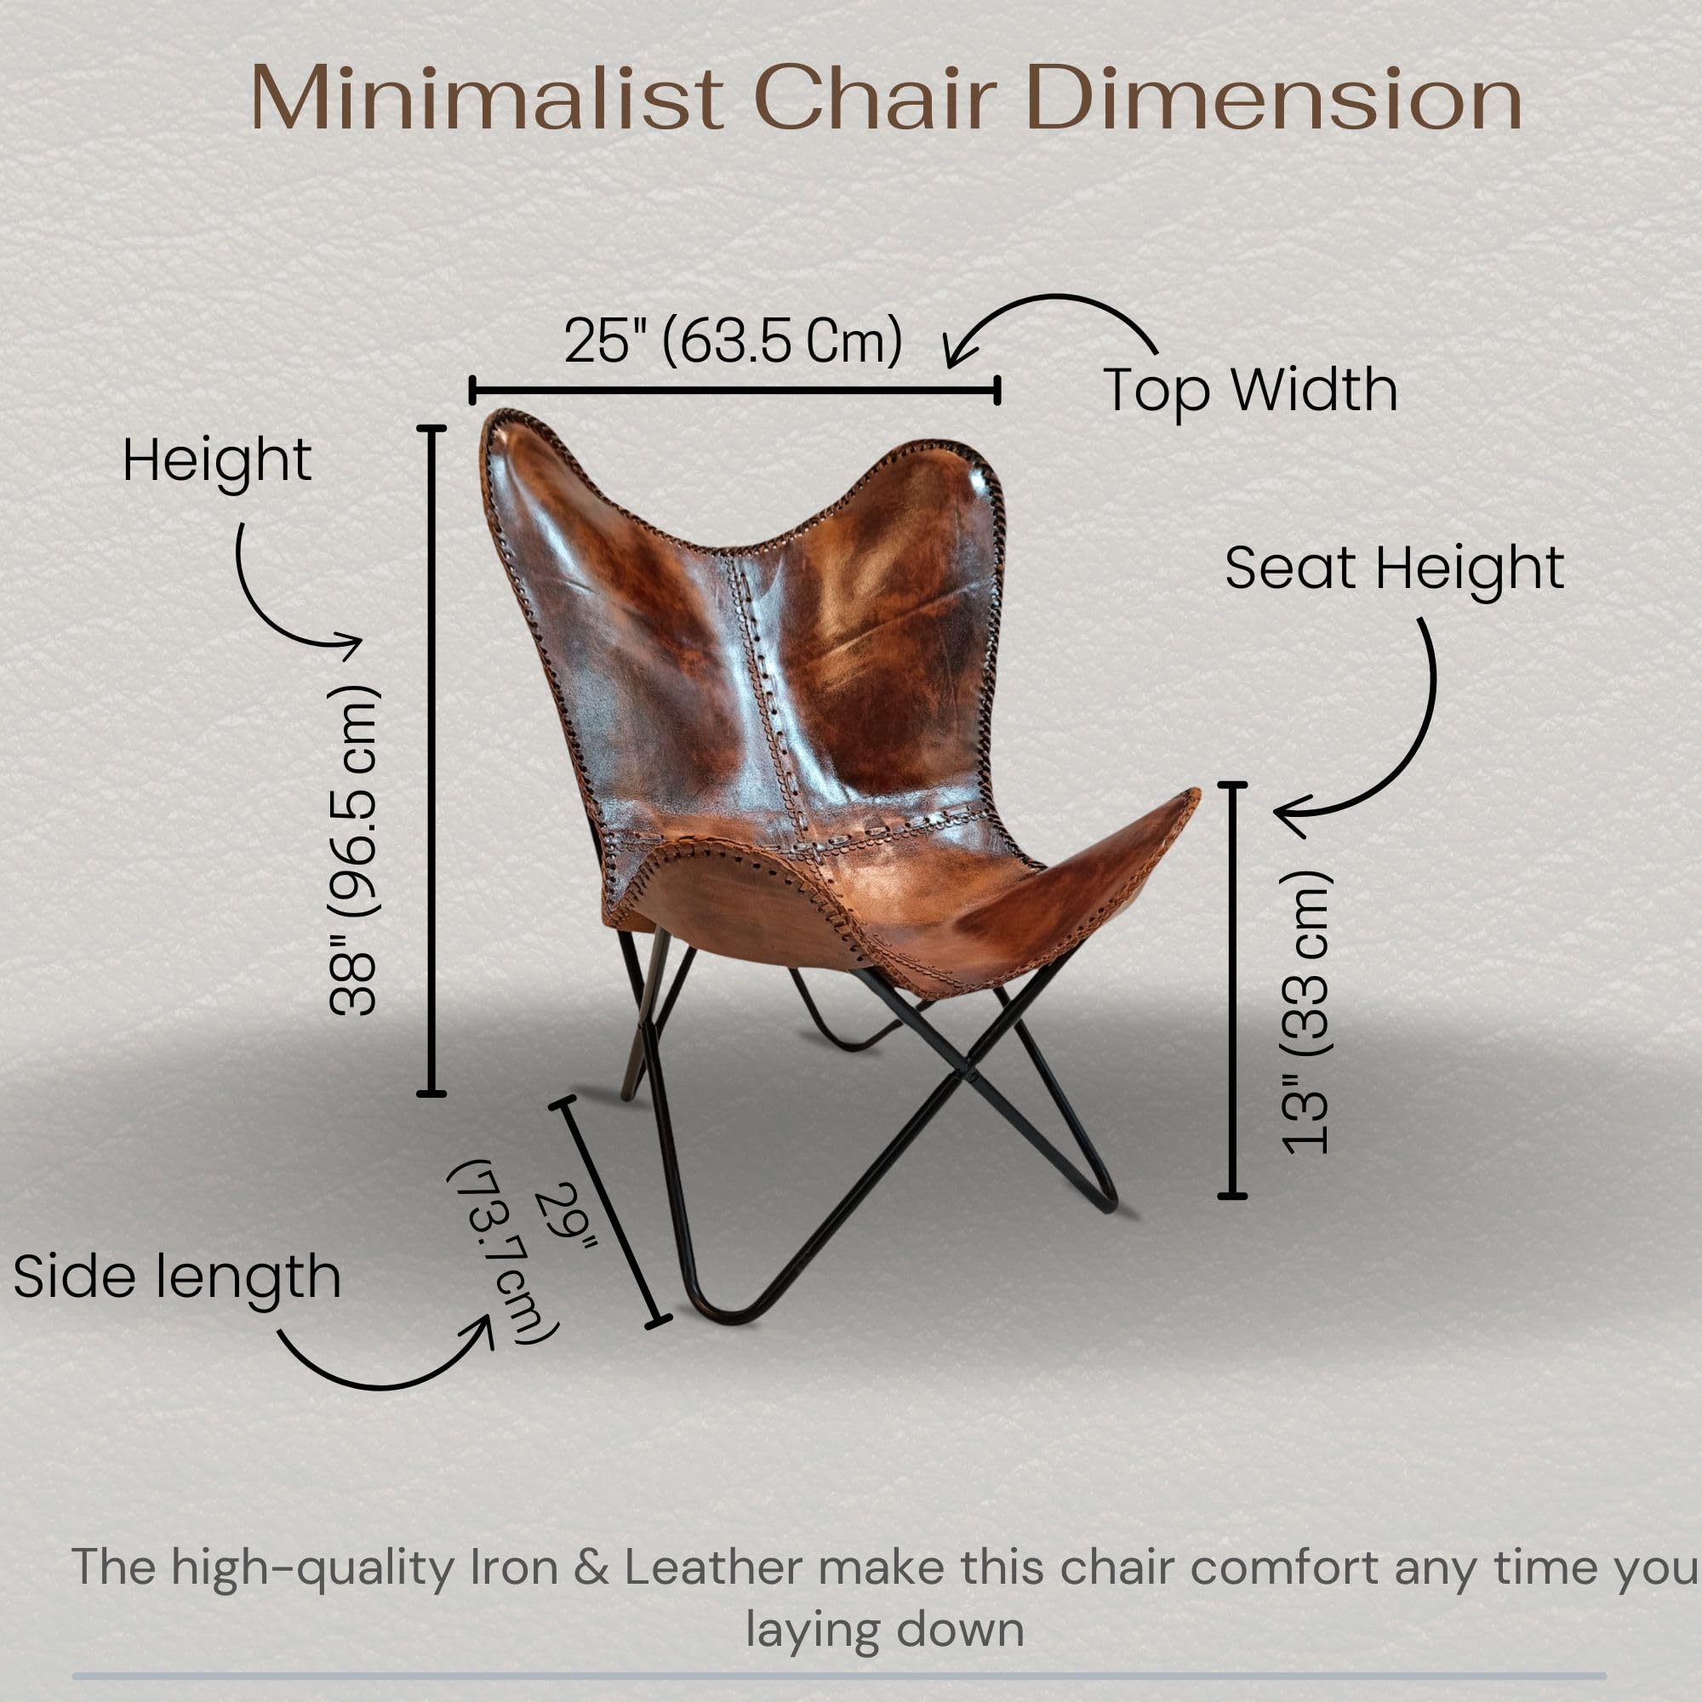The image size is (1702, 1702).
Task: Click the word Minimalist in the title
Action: tap(486, 99)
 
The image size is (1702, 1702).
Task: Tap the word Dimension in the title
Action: tap(1274, 99)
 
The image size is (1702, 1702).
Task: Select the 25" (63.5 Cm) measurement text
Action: tap(733, 341)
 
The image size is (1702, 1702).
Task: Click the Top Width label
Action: tap(1250, 390)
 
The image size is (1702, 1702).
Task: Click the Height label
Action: tap(217, 460)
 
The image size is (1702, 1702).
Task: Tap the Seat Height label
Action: tap(1394, 568)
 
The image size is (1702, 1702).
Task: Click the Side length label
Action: tap(177, 1277)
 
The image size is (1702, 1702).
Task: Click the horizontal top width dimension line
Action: tap(734, 390)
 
